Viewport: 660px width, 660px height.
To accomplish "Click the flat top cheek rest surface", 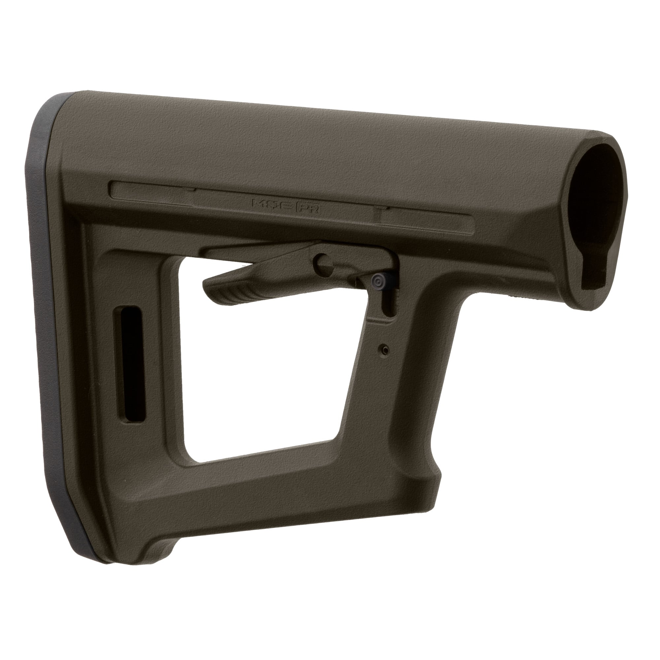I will (308, 137).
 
